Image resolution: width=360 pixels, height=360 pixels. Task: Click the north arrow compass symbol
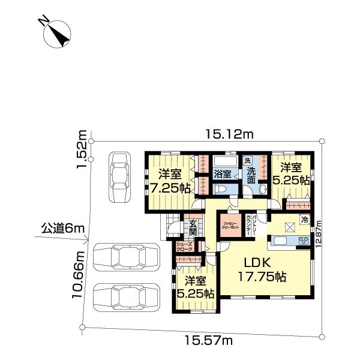coord(58,33)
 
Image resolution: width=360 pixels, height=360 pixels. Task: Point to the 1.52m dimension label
coord(82,150)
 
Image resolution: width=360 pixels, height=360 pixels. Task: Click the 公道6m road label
coord(60,228)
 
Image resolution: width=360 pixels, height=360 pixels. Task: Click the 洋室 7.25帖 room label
coord(170,181)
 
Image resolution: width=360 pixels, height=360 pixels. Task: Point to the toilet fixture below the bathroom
coord(221,188)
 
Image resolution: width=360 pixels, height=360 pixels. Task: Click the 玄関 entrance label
coord(193,227)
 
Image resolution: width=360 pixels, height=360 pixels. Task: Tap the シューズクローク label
coord(184,245)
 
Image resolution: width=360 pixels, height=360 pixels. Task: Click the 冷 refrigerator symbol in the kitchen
coord(305,219)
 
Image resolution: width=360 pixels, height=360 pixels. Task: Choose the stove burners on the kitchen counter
coord(303,241)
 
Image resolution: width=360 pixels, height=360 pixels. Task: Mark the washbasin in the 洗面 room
coord(262,188)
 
